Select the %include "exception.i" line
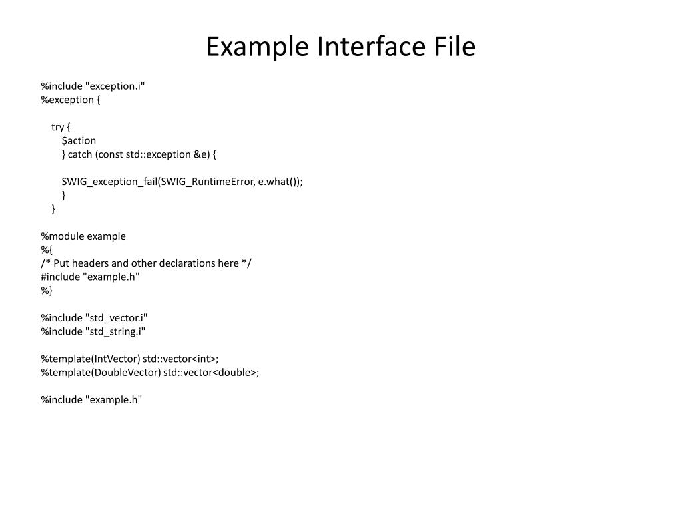(93, 86)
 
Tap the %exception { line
(71, 100)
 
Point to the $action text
(79, 140)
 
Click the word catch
(80, 154)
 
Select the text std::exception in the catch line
(158, 154)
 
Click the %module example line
(83, 236)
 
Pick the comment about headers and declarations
(146, 263)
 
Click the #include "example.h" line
(90, 277)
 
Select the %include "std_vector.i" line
(94, 318)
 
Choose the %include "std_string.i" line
(93, 331)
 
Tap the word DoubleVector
(125, 373)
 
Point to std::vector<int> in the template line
(180, 359)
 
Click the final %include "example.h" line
(91, 400)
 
